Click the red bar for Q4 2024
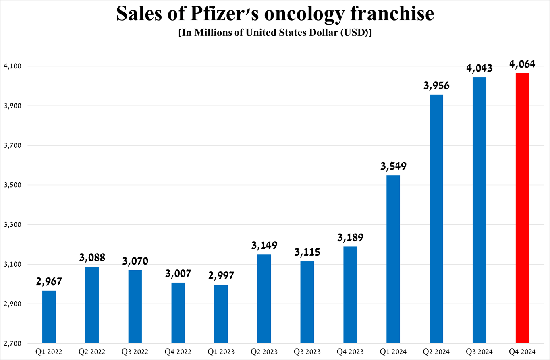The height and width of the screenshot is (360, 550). pos(522,208)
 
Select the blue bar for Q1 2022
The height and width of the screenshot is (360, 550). pos(49,317)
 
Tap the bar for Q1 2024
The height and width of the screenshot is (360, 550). pos(393,259)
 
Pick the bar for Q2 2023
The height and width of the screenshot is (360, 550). pos(264,299)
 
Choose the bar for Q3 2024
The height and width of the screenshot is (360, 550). pos(479,210)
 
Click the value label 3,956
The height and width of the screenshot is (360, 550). pos(436,86)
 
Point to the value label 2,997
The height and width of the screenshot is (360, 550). pos(221,276)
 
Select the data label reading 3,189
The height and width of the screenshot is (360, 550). pos(350,238)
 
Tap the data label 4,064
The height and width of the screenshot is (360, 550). pos(522,64)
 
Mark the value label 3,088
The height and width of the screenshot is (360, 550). pos(92,258)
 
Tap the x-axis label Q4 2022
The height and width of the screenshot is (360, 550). pos(178,352)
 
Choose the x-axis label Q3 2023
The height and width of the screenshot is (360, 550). pos(307,352)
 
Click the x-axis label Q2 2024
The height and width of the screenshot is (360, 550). pos(436,352)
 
